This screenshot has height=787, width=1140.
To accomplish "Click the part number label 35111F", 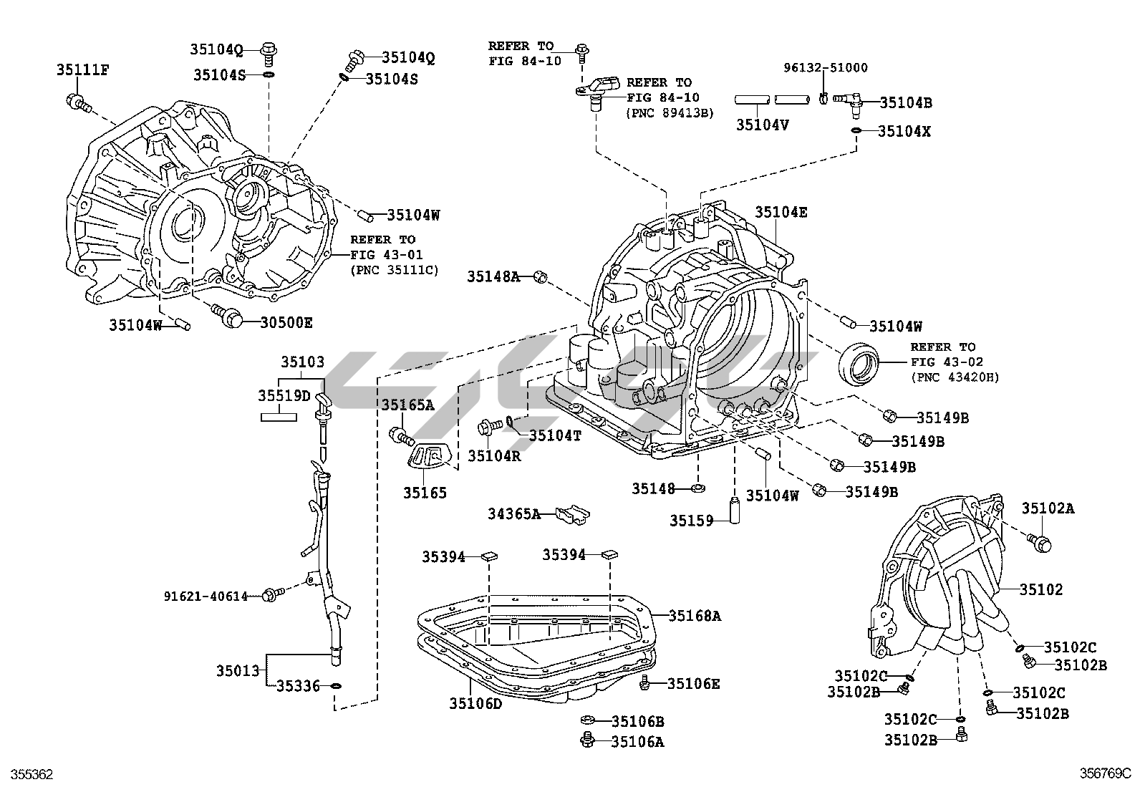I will [82, 69].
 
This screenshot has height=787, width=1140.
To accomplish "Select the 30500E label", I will [286, 322].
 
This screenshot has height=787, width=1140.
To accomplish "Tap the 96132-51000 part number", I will [825, 68].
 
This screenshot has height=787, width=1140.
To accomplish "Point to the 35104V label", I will [763, 124].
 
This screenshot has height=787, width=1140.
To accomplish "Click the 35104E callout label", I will [781, 212].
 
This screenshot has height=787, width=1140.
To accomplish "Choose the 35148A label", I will [493, 276].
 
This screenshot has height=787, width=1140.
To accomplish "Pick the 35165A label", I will [407, 405].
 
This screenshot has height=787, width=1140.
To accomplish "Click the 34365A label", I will [514, 513].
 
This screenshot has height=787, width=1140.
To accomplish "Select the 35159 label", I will [692, 521].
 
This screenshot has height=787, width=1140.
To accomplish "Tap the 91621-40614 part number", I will [206, 595].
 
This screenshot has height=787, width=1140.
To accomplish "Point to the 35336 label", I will [298, 687].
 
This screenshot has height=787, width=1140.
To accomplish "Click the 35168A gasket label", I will [695, 615].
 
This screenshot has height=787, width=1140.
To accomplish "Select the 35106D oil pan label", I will [476, 703].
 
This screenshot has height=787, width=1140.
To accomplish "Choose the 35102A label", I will [1048, 508].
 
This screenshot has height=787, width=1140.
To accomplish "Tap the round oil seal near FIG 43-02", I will [858, 364].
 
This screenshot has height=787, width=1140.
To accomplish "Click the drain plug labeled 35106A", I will [589, 740].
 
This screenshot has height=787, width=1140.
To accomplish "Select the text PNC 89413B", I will [670, 112].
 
